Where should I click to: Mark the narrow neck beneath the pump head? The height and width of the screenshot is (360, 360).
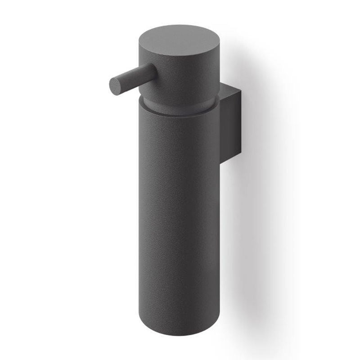(180, 103)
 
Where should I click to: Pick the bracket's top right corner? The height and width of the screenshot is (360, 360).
(241, 91)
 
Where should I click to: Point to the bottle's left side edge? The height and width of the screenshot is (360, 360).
(140, 216)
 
